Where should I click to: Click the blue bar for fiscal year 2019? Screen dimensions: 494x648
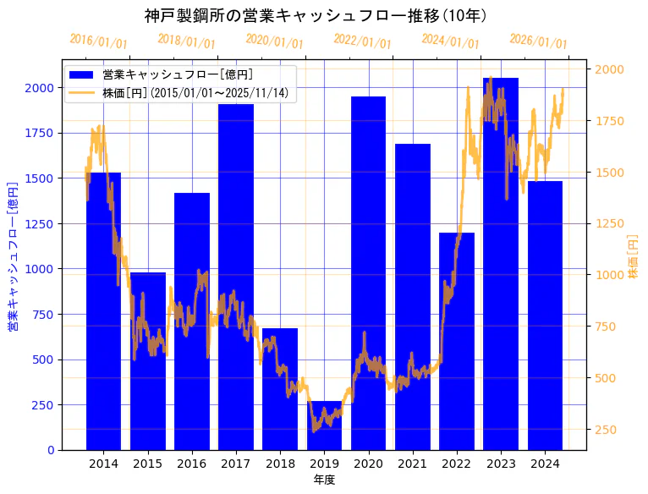click(x=324, y=427)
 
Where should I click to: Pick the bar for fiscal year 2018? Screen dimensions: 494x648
click(x=280, y=389)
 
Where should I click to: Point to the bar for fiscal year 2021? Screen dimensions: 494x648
click(x=413, y=297)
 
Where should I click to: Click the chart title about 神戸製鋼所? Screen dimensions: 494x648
click(x=316, y=15)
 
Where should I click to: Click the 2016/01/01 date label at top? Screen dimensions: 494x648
click(x=99, y=41)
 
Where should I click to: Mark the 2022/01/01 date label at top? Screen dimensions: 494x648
click(x=363, y=41)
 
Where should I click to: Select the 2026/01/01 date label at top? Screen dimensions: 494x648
click(x=539, y=41)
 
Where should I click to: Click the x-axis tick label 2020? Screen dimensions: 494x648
click(x=368, y=464)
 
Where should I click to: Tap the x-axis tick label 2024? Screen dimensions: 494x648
click(x=545, y=464)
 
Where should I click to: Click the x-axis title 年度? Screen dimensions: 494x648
click(x=324, y=480)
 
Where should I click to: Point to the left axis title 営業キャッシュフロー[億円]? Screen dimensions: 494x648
click(x=13, y=256)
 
